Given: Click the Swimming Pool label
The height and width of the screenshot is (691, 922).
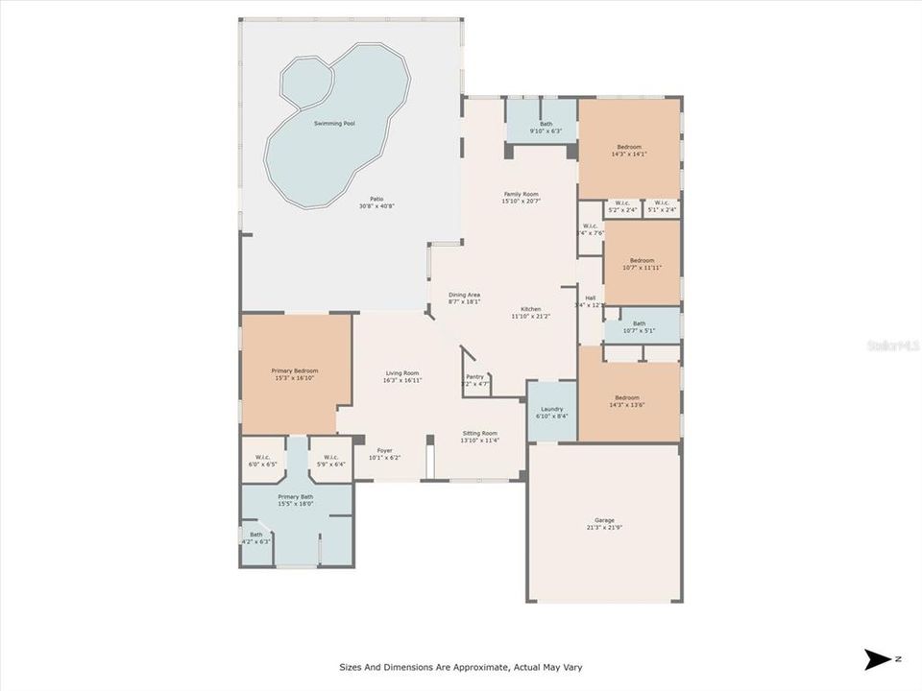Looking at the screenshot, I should tap(334, 124).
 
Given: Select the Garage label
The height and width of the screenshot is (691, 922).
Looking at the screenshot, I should tap(604, 520).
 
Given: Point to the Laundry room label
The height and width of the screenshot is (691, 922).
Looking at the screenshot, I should tap(551, 409).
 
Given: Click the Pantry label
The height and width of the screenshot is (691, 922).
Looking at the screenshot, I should tap(474, 377).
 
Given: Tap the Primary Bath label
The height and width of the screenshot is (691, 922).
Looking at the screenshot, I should tap(295, 496).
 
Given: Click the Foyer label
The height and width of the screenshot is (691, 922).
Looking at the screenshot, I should tap(384, 450).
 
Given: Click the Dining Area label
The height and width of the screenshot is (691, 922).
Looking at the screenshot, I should tap(464, 295).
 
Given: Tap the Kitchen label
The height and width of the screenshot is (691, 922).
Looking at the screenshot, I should tap(531, 309).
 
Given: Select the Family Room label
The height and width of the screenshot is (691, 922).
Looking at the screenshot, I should tap(522, 194).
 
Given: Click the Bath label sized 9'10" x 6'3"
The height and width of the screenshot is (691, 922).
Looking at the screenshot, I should tap(546, 124).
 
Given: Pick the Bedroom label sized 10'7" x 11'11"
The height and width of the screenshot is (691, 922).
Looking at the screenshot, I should tap(642, 260).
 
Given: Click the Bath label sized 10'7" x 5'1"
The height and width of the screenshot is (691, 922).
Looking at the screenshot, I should tap(639, 323).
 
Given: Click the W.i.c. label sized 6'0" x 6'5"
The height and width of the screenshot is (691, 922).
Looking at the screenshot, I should tap(261, 457).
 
